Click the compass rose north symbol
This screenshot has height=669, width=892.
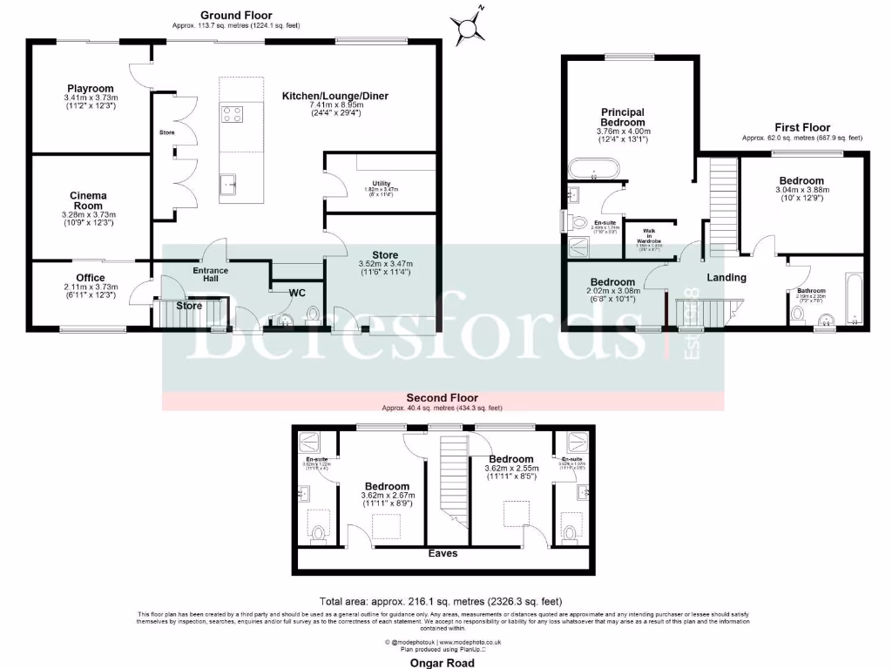(473, 24)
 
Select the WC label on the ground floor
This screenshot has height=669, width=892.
(297, 293)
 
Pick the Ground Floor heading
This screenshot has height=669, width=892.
(236, 15)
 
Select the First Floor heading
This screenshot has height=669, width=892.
(801, 127)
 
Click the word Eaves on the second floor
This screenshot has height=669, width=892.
(442, 552)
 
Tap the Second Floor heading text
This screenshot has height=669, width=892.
(442, 399)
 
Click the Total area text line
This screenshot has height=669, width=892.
(442, 601)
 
